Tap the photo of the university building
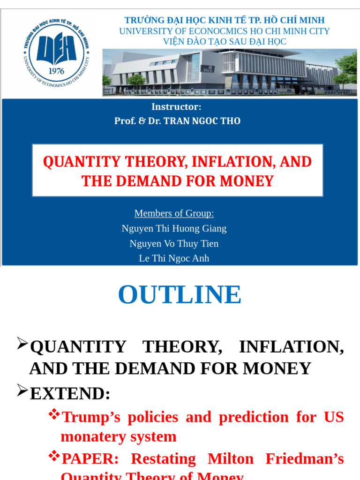pyautogui.click(x=229, y=72)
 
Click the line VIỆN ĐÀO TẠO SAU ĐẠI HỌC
pyautogui.click(x=225, y=42)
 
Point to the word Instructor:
pyautogui.click(x=176, y=106)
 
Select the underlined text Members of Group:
pyautogui.click(x=174, y=213)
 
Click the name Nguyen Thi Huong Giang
pyautogui.click(x=174, y=228)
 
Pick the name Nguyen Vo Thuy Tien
pyautogui.click(x=174, y=243)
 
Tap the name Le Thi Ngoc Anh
pyautogui.click(x=174, y=258)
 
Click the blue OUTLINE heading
pyautogui.click(x=180, y=294)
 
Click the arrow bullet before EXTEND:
pyautogui.click(x=22, y=390)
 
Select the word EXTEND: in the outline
pyautogui.click(x=70, y=394)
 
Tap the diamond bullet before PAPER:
pyautogui.click(x=54, y=455)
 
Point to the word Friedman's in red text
pyautogui.click(x=305, y=459)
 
